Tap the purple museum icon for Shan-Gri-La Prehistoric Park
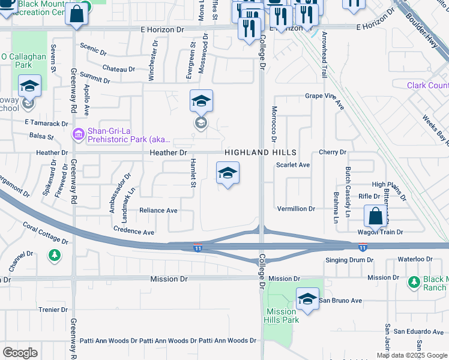click(x=78, y=134)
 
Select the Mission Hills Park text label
click(x=281, y=316)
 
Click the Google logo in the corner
click(x=20, y=353)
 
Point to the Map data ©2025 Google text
click(x=411, y=355)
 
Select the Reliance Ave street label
click(x=158, y=211)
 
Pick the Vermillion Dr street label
click(x=296, y=209)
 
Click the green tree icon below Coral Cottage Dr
click(x=55, y=256)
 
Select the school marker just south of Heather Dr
click(x=228, y=173)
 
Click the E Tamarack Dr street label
click(x=46, y=123)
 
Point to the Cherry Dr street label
click(x=333, y=152)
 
